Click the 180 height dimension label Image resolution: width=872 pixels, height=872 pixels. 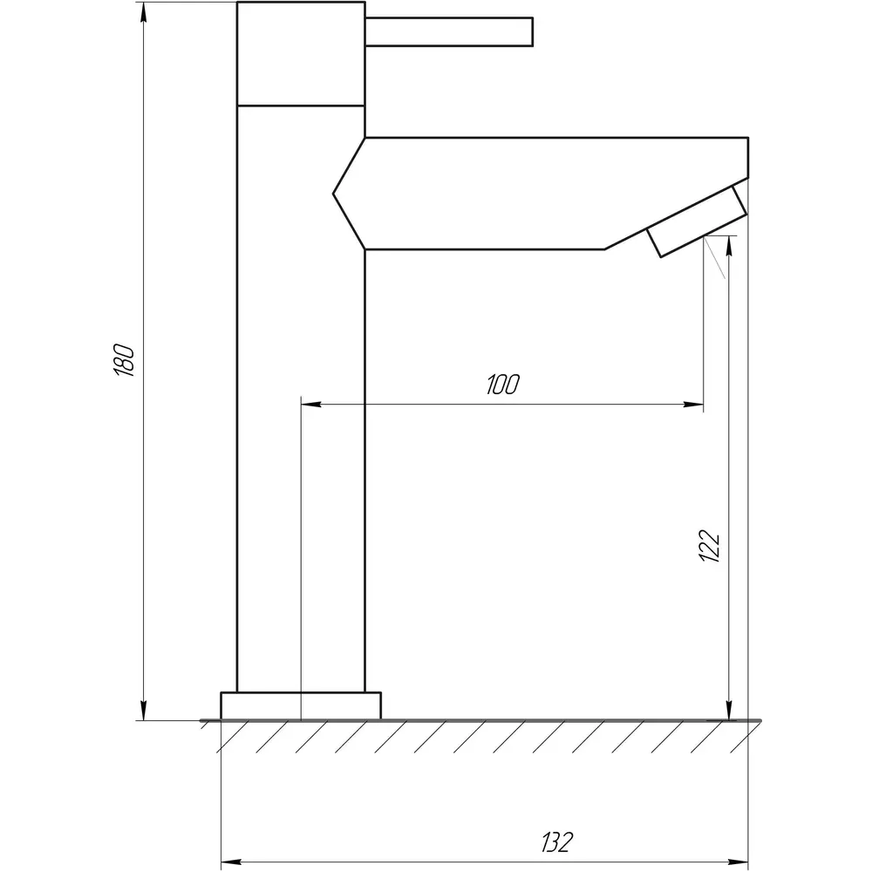click(124, 360)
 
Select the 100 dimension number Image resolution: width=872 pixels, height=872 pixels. click(503, 385)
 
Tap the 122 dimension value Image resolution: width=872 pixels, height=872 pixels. click(710, 545)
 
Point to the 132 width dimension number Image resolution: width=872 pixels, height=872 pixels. click(556, 842)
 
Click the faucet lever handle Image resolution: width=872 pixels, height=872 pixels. click(449, 31)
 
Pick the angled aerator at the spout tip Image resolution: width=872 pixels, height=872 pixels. click(696, 221)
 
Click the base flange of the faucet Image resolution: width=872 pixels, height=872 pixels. click(301, 705)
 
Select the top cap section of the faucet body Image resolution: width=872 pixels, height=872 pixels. click(301, 53)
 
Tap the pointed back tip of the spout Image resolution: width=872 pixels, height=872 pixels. click(334, 194)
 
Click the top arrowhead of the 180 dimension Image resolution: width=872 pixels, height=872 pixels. click(144, 11)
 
